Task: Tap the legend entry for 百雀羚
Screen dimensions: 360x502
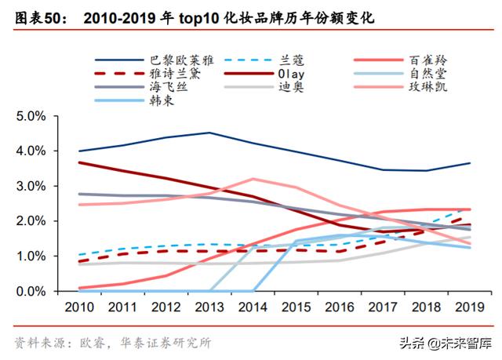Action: [427, 60]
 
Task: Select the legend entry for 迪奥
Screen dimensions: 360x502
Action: [291, 87]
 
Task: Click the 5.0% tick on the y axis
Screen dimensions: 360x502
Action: [32, 116]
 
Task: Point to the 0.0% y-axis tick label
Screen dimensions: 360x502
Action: [32, 292]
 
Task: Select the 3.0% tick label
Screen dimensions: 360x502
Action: [32, 186]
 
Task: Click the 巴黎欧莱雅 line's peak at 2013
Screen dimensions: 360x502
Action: [209, 133]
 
